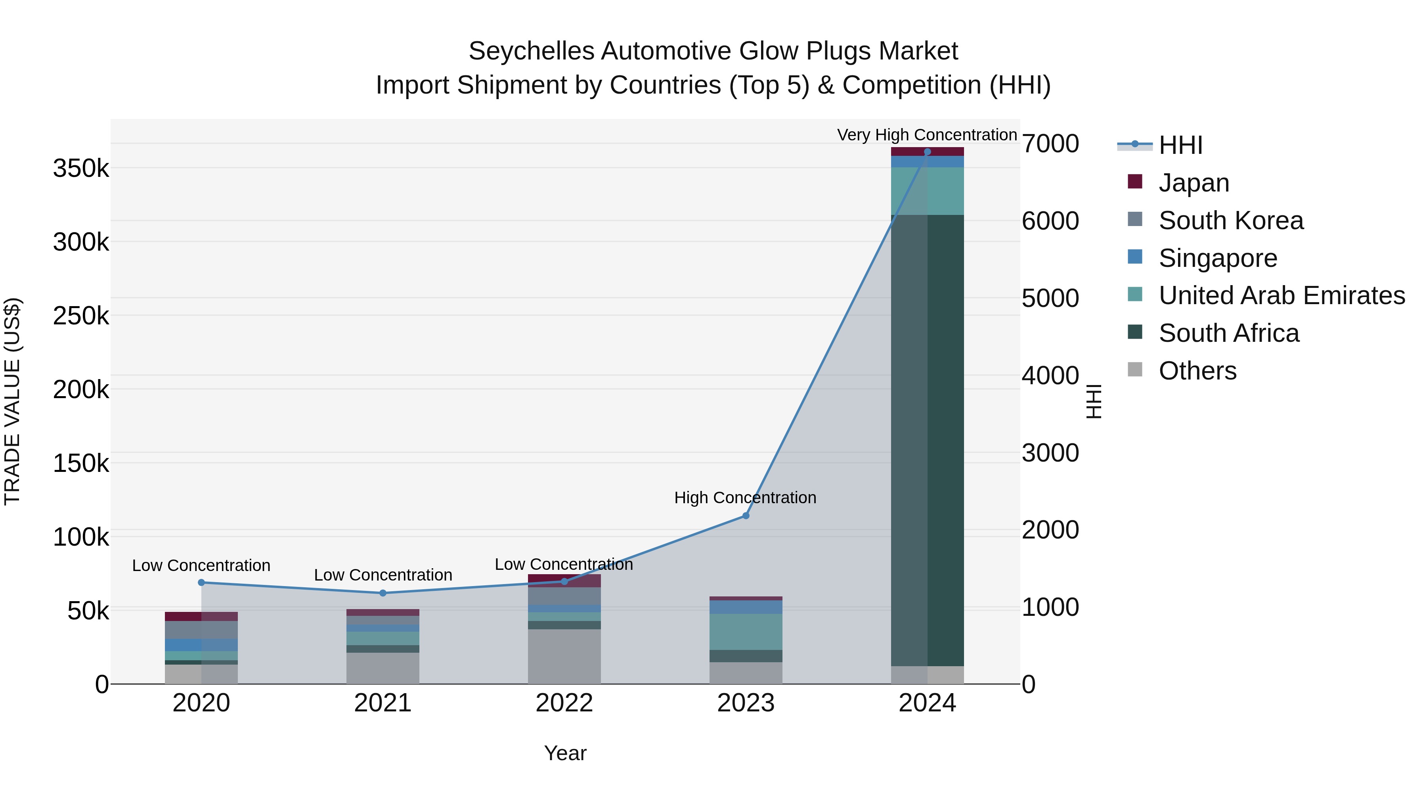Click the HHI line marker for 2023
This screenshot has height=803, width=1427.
coord(746,516)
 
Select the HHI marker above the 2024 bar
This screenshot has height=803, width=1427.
coord(927,152)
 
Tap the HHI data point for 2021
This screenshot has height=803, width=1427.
coord(383,593)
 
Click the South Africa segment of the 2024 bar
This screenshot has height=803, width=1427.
coord(927,441)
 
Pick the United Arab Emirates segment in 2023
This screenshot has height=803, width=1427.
coord(746,632)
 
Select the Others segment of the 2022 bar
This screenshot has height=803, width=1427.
coord(564,657)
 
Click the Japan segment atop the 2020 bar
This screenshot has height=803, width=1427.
coord(201,616)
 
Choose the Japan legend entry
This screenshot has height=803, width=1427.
coord(1194,183)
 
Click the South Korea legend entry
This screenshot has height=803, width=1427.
coord(1230,220)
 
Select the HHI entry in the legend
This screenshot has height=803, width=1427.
coord(1180,145)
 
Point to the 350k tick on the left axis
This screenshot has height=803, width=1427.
coord(81,168)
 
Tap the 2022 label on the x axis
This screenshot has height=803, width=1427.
coord(564,703)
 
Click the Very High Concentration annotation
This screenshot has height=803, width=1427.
coord(927,135)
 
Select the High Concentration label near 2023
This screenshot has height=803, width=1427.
coord(745,498)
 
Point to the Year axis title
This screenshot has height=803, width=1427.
coord(565,753)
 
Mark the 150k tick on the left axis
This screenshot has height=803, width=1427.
coord(81,463)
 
